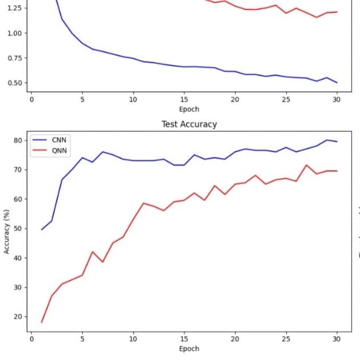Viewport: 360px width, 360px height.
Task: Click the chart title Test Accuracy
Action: click(189, 124)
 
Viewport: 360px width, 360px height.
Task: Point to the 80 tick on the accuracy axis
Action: click(17, 140)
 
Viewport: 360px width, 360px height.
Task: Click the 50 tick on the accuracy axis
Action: click(17, 229)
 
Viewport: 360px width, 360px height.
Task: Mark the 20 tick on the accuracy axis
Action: click(17, 317)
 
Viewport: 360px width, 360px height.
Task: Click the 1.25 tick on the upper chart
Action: click(14, 8)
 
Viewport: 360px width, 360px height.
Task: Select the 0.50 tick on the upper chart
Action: click(14, 83)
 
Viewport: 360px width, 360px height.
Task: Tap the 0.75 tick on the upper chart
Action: click(14, 58)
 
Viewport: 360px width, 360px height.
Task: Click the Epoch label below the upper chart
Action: click(189, 109)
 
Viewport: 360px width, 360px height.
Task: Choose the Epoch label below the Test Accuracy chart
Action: click(189, 348)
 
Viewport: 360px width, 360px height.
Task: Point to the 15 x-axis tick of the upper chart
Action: click(184, 100)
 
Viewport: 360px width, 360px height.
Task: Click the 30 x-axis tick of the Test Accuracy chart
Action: click(337, 339)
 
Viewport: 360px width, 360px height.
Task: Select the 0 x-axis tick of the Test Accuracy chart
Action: click(32, 339)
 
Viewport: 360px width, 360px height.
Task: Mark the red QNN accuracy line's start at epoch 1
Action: click(42, 322)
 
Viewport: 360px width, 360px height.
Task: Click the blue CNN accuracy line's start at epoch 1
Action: click(42, 230)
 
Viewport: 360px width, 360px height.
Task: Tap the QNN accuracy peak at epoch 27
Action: click(306, 165)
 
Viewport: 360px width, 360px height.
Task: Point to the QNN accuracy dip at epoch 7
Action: click(103, 262)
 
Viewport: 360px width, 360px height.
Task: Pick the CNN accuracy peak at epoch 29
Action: click(327, 140)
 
